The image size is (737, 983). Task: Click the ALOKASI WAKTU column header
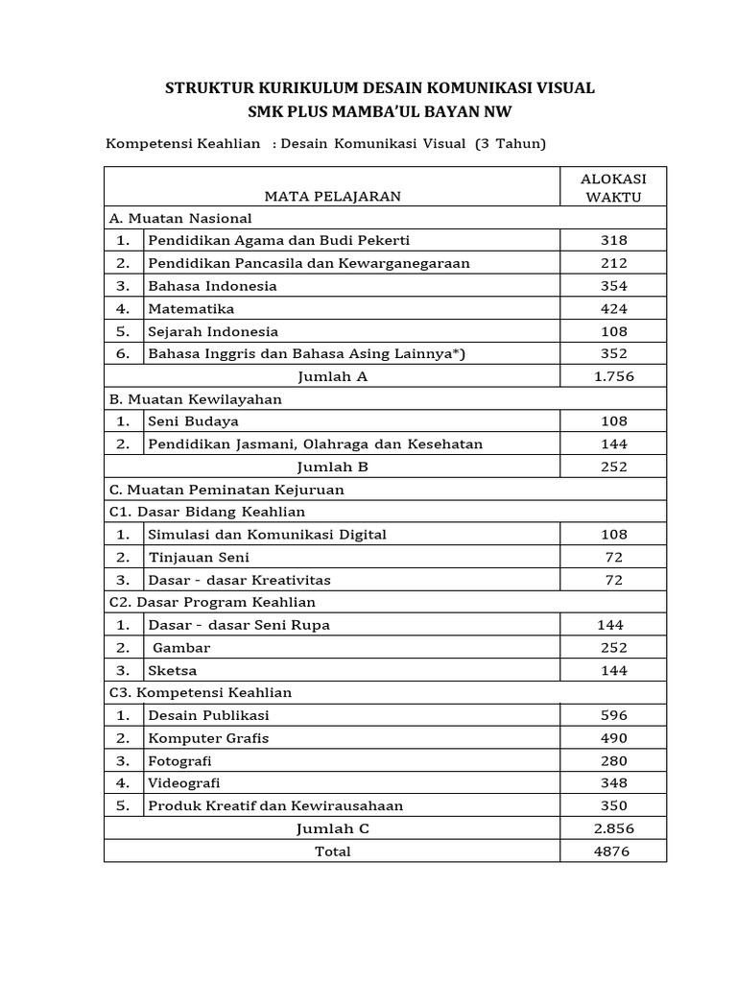click(613, 187)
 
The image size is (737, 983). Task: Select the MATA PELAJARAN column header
click(332, 196)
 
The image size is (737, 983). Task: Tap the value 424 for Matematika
click(613, 308)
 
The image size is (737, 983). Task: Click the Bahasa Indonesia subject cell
click(212, 286)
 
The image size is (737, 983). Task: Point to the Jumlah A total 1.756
click(613, 376)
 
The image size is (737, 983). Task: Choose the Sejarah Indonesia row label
click(213, 331)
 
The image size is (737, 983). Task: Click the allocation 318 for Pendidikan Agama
click(613, 240)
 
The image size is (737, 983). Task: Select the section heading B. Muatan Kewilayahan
click(196, 398)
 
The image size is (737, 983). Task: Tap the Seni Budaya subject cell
click(193, 421)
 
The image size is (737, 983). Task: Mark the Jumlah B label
click(332, 467)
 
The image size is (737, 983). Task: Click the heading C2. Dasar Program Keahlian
click(212, 602)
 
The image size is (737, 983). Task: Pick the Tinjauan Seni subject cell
click(199, 557)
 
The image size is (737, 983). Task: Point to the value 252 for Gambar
click(613, 648)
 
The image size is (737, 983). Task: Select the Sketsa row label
click(172, 670)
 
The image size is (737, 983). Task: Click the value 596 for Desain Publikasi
click(613, 715)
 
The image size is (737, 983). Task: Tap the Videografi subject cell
click(183, 783)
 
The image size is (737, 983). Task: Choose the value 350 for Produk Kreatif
click(613, 805)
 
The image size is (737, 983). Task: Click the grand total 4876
click(613, 851)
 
